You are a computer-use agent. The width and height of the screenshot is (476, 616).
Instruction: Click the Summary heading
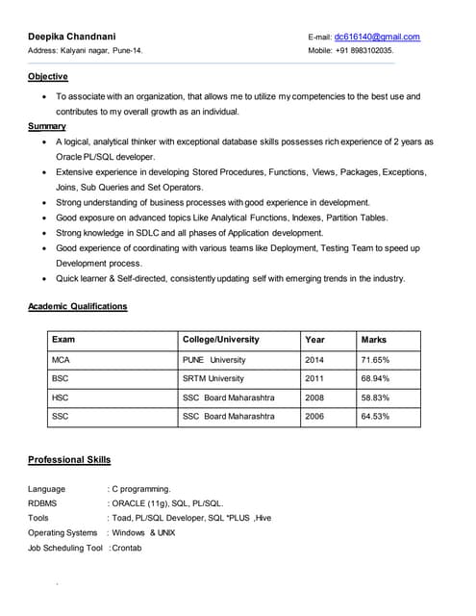[47, 126]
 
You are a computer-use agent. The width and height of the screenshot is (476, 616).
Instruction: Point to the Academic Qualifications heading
[78, 306]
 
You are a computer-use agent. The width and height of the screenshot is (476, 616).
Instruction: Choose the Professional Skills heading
[69, 460]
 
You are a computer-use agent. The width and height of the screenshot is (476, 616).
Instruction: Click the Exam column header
[63, 340]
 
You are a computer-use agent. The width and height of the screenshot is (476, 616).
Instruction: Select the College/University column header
[220, 340]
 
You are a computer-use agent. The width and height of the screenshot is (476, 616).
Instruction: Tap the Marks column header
[373, 340]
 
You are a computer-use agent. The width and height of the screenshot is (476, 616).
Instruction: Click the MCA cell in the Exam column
[62, 360]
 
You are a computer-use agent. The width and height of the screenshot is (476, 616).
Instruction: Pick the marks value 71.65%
[375, 360]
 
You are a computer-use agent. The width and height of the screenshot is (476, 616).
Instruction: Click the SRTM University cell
[213, 378]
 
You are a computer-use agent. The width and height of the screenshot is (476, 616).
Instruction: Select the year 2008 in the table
[314, 398]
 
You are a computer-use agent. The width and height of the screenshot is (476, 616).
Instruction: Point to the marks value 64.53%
[375, 416]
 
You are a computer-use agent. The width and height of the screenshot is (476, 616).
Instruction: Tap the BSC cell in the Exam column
[62, 378]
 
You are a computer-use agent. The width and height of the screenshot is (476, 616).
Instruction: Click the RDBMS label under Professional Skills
[42, 502]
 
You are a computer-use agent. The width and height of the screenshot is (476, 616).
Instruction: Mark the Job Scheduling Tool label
[65, 547]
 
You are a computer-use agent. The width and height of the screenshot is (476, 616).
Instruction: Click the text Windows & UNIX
[143, 532]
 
